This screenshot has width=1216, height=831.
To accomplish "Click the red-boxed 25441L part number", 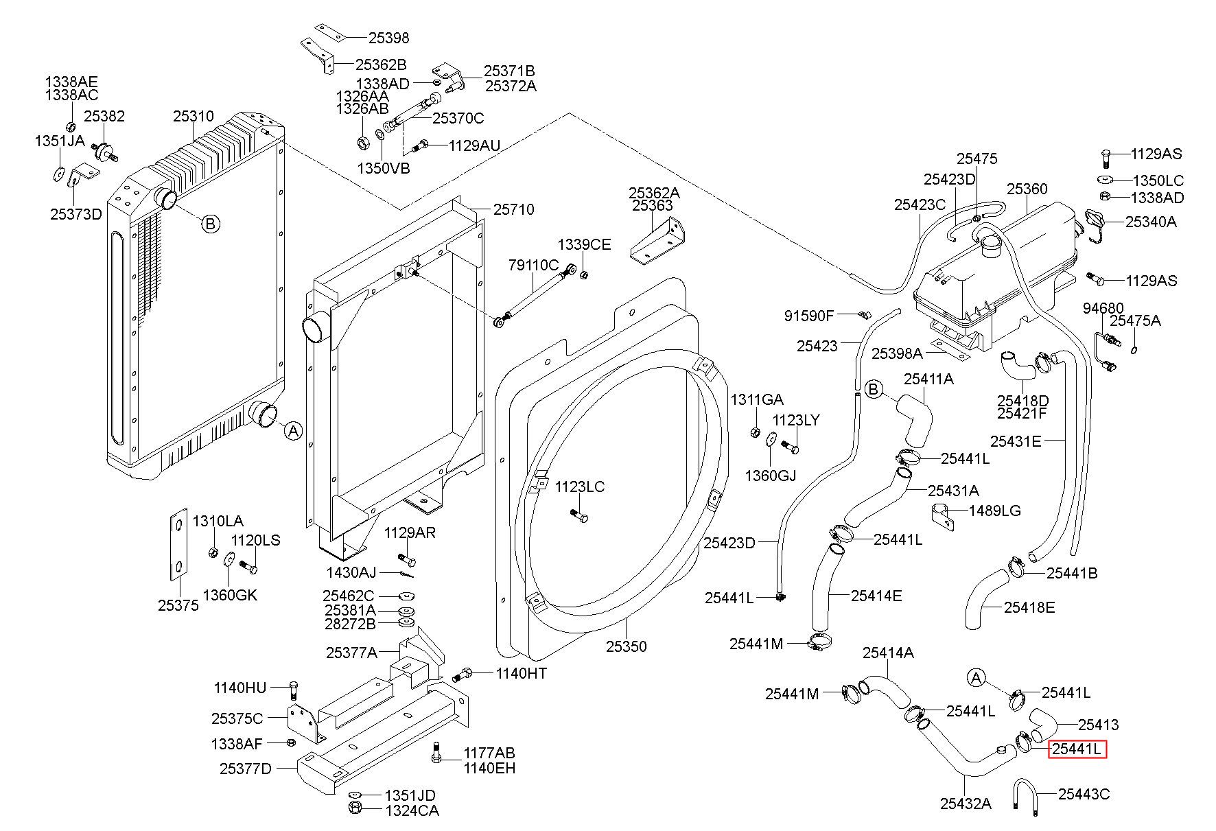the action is pyautogui.click(x=1077, y=749).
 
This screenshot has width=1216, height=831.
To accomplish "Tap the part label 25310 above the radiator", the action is pyautogui.click(x=194, y=117).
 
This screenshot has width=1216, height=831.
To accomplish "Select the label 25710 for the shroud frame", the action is pyautogui.click(x=514, y=209).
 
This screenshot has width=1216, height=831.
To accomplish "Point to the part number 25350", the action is pyautogui.click(x=626, y=646).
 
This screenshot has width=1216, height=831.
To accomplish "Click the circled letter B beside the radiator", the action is pyautogui.click(x=211, y=224).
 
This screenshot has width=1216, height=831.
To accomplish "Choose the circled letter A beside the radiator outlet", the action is pyautogui.click(x=293, y=431).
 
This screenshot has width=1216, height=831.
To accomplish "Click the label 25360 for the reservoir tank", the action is pyautogui.click(x=1027, y=189).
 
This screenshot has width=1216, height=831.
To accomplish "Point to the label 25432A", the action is pyautogui.click(x=966, y=804).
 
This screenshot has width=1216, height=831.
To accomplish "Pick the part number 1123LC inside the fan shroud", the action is pyautogui.click(x=579, y=487).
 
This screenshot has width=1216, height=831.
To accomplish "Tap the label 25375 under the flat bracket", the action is pyautogui.click(x=178, y=605).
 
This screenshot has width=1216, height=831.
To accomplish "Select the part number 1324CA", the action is pyautogui.click(x=412, y=810).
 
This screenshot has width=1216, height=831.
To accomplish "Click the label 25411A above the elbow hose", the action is pyautogui.click(x=928, y=379).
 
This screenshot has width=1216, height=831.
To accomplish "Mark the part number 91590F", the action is pyautogui.click(x=809, y=316).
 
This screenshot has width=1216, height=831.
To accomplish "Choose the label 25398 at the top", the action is pyautogui.click(x=388, y=38).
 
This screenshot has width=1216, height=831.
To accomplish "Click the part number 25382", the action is pyautogui.click(x=104, y=117).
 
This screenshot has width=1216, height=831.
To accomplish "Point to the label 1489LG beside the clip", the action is pyautogui.click(x=994, y=511).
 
